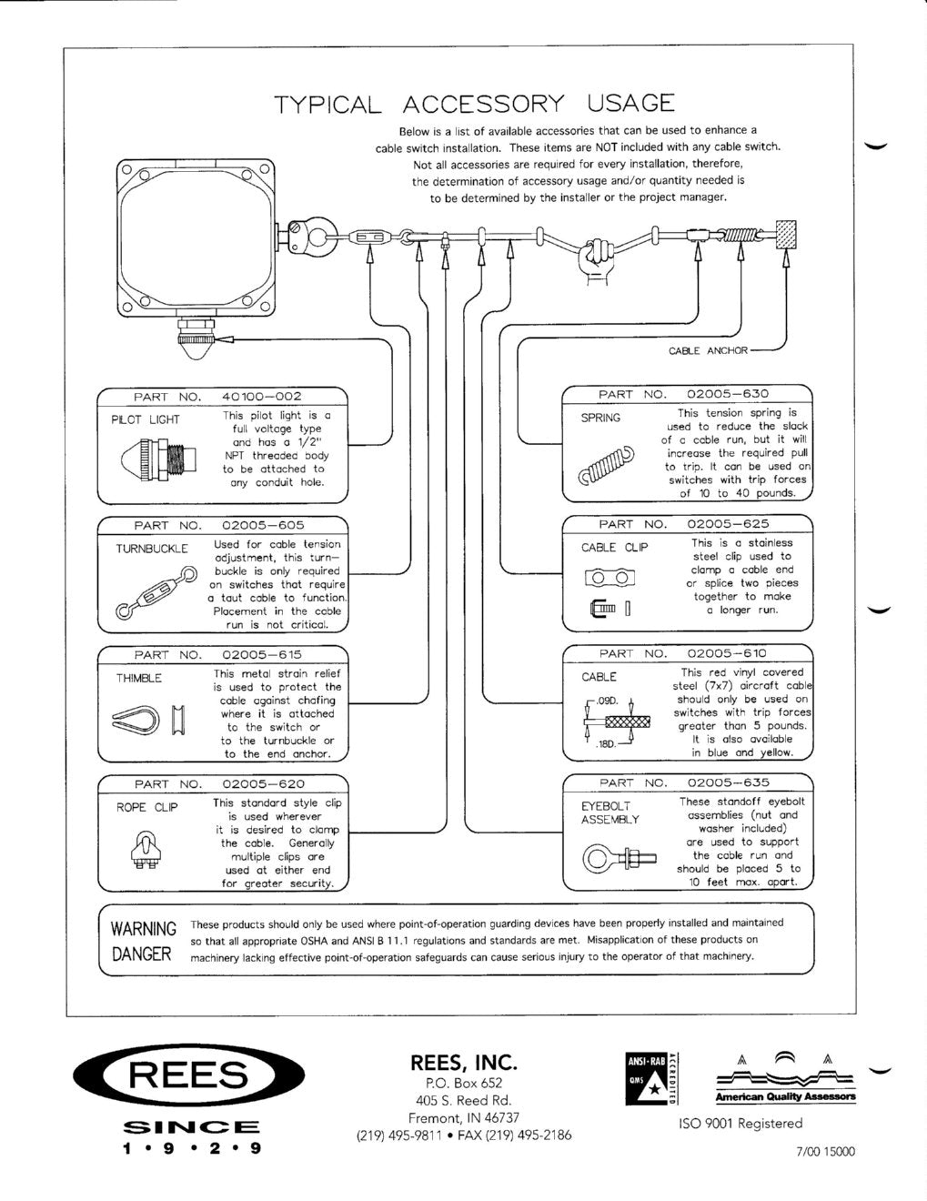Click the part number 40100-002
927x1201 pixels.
[262, 397]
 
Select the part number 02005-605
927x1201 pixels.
[263, 525]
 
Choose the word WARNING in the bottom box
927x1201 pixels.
[143, 929]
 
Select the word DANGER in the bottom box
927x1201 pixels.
[141, 954]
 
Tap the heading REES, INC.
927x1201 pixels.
[464, 1062]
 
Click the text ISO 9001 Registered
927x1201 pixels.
[740, 1124]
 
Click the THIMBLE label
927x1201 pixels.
[138, 679]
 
